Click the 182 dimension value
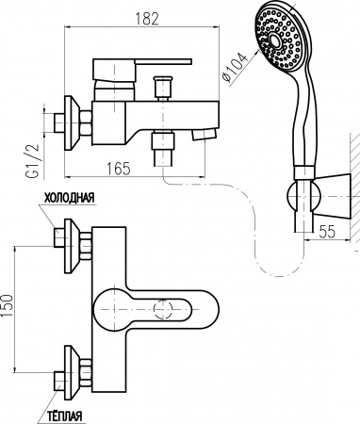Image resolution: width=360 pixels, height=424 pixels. pyautogui.click(x=147, y=19)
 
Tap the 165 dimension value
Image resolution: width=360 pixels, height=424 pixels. pyautogui.click(x=118, y=169)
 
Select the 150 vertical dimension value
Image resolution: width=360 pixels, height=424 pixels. pyautogui.click(x=7, y=305)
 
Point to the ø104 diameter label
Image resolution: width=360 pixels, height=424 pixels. pyautogui.click(x=235, y=68)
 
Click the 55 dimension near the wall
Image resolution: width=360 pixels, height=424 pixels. pyautogui.click(x=327, y=232)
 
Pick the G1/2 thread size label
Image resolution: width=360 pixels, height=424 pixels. pyautogui.click(x=32, y=161)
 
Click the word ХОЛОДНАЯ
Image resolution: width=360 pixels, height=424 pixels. pyautogui.click(x=69, y=198)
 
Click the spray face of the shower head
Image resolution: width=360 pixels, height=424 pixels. pyautogui.click(x=279, y=39)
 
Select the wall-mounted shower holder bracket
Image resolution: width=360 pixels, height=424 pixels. pyautogui.click(x=319, y=197)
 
